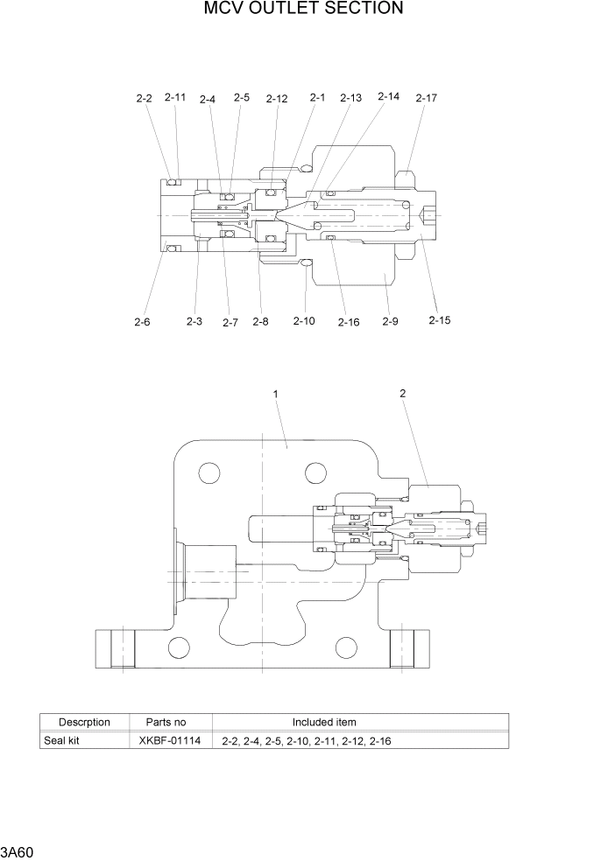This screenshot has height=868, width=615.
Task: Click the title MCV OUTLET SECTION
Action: [x=303, y=10]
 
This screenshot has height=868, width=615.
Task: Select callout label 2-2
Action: [x=144, y=100]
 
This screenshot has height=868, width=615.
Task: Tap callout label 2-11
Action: [x=175, y=98]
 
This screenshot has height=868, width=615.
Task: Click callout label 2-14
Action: [x=388, y=97]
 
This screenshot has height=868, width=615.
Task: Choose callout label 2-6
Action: [x=142, y=322]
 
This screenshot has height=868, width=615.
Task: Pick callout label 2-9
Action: [x=390, y=322]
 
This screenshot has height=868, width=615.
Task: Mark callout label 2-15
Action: [x=440, y=320]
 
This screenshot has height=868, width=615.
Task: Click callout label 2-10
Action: [x=304, y=322]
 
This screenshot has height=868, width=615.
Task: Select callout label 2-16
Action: [x=349, y=323]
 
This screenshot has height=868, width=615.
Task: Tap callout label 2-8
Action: [x=260, y=322]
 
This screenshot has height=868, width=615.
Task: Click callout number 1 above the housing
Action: [x=276, y=395]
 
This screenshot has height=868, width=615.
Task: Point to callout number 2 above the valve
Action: [x=402, y=394]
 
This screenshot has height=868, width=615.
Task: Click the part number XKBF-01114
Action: [x=170, y=741]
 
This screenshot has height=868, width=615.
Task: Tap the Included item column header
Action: [x=324, y=722]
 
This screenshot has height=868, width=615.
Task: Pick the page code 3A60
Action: [x=17, y=852]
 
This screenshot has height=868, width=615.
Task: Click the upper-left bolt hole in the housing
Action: [x=209, y=473]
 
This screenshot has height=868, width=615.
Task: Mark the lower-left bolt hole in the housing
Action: [x=179, y=647]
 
